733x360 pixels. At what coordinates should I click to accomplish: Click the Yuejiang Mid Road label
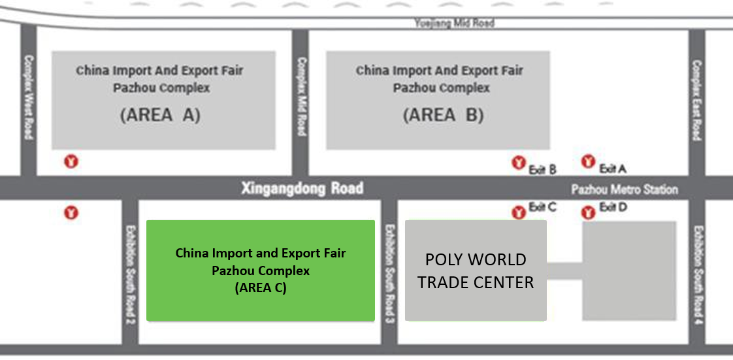tap(454, 22)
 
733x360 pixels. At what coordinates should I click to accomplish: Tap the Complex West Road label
tap(29, 97)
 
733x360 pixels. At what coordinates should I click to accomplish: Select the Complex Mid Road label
tap(302, 97)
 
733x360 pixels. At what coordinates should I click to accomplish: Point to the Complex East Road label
tap(697, 100)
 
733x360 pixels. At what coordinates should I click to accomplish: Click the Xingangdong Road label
tap(302, 188)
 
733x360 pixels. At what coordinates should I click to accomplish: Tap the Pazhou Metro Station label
tap(625, 189)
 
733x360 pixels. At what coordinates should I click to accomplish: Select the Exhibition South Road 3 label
tap(390, 274)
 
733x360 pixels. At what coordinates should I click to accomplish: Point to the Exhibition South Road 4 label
tap(699, 276)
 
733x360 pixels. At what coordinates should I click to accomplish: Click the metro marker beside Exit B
tap(519, 163)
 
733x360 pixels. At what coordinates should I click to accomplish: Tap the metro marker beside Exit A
tap(588, 162)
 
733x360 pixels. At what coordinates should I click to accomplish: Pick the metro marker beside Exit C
tap(519, 213)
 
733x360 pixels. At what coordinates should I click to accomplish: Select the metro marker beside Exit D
tap(588, 213)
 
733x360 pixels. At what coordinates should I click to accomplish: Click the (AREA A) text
tap(160, 115)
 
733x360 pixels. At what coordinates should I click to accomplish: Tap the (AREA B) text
tap(443, 115)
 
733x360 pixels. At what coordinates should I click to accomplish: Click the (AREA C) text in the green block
tap(261, 288)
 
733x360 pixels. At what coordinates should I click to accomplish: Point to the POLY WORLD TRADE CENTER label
tap(476, 270)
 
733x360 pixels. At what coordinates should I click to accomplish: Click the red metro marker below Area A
tap(71, 162)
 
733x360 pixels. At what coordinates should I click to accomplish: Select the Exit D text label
tap(613, 206)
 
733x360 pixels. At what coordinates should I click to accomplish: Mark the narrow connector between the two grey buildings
tap(564, 271)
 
